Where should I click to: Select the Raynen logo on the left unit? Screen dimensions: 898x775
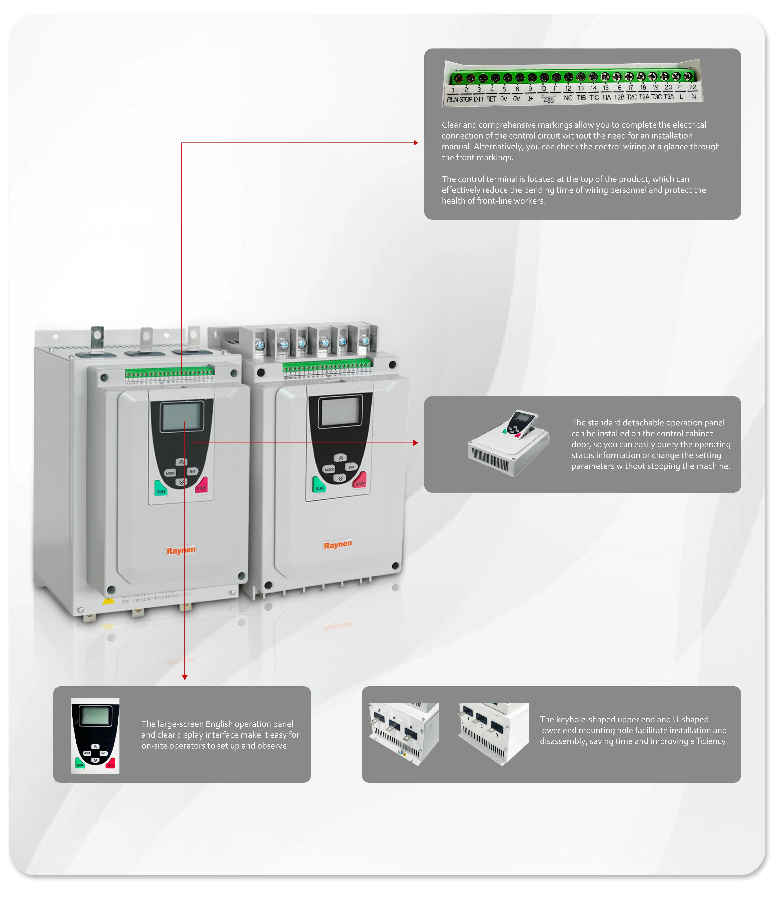point(181,550)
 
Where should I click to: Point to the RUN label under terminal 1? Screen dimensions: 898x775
point(452,100)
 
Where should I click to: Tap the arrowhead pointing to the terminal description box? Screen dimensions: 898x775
point(416,143)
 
